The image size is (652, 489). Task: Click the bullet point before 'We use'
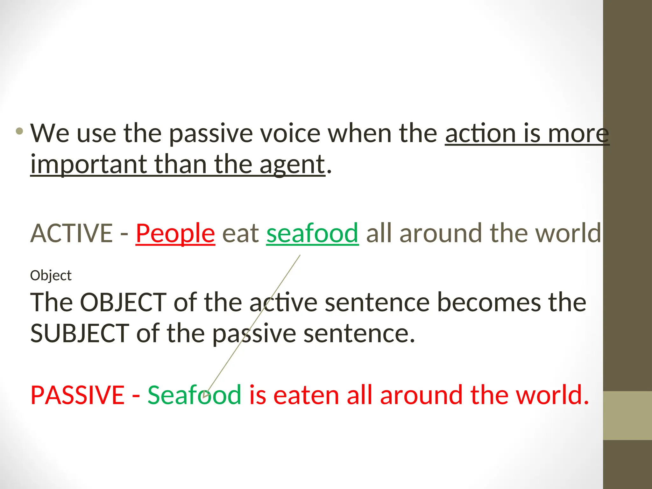point(19,131)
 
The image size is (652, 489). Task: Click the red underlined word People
point(175,233)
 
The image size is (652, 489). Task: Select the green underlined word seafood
point(313,233)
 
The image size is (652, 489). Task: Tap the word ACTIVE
point(72,233)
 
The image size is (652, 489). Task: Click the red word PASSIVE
point(77,395)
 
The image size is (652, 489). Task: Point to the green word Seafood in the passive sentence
point(194,395)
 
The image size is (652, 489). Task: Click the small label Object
point(51,275)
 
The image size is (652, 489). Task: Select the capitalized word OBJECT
point(123,302)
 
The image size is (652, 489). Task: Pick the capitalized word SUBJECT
point(80,333)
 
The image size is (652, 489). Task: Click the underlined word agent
point(292,165)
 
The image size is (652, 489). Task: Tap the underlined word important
point(89,165)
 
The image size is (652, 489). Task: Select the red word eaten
point(306,395)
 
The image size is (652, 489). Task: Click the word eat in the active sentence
point(241,233)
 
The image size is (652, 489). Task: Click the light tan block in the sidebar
point(627,415)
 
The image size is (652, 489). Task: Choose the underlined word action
point(480,133)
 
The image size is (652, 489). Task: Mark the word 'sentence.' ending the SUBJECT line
point(359,333)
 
